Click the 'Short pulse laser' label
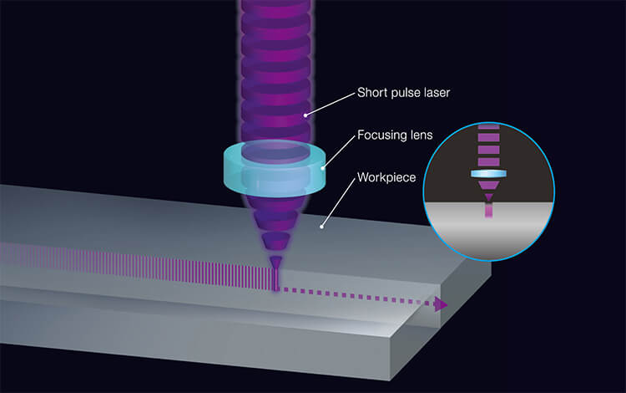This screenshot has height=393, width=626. pos(403,93)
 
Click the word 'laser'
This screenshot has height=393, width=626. pos(436,93)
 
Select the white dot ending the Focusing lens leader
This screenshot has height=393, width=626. pos(324,167)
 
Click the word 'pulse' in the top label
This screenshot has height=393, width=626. pos(405,93)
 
